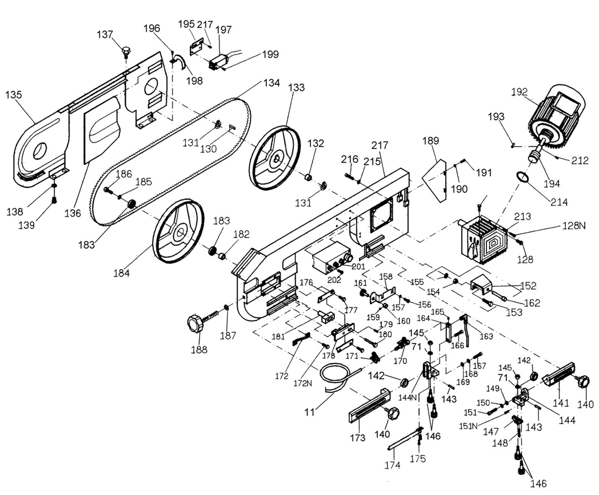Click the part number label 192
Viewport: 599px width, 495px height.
click(519, 92)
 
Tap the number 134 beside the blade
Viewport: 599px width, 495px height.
click(271, 83)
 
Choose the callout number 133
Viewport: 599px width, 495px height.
click(296, 88)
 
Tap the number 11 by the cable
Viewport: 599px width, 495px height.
click(309, 412)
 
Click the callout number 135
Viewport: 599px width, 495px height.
click(13, 95)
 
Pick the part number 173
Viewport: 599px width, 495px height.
click(358, 438)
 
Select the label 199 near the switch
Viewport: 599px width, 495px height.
click(270, 54)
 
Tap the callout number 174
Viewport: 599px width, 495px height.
click(392, 465)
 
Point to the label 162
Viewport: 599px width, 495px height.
click(532, 303)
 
